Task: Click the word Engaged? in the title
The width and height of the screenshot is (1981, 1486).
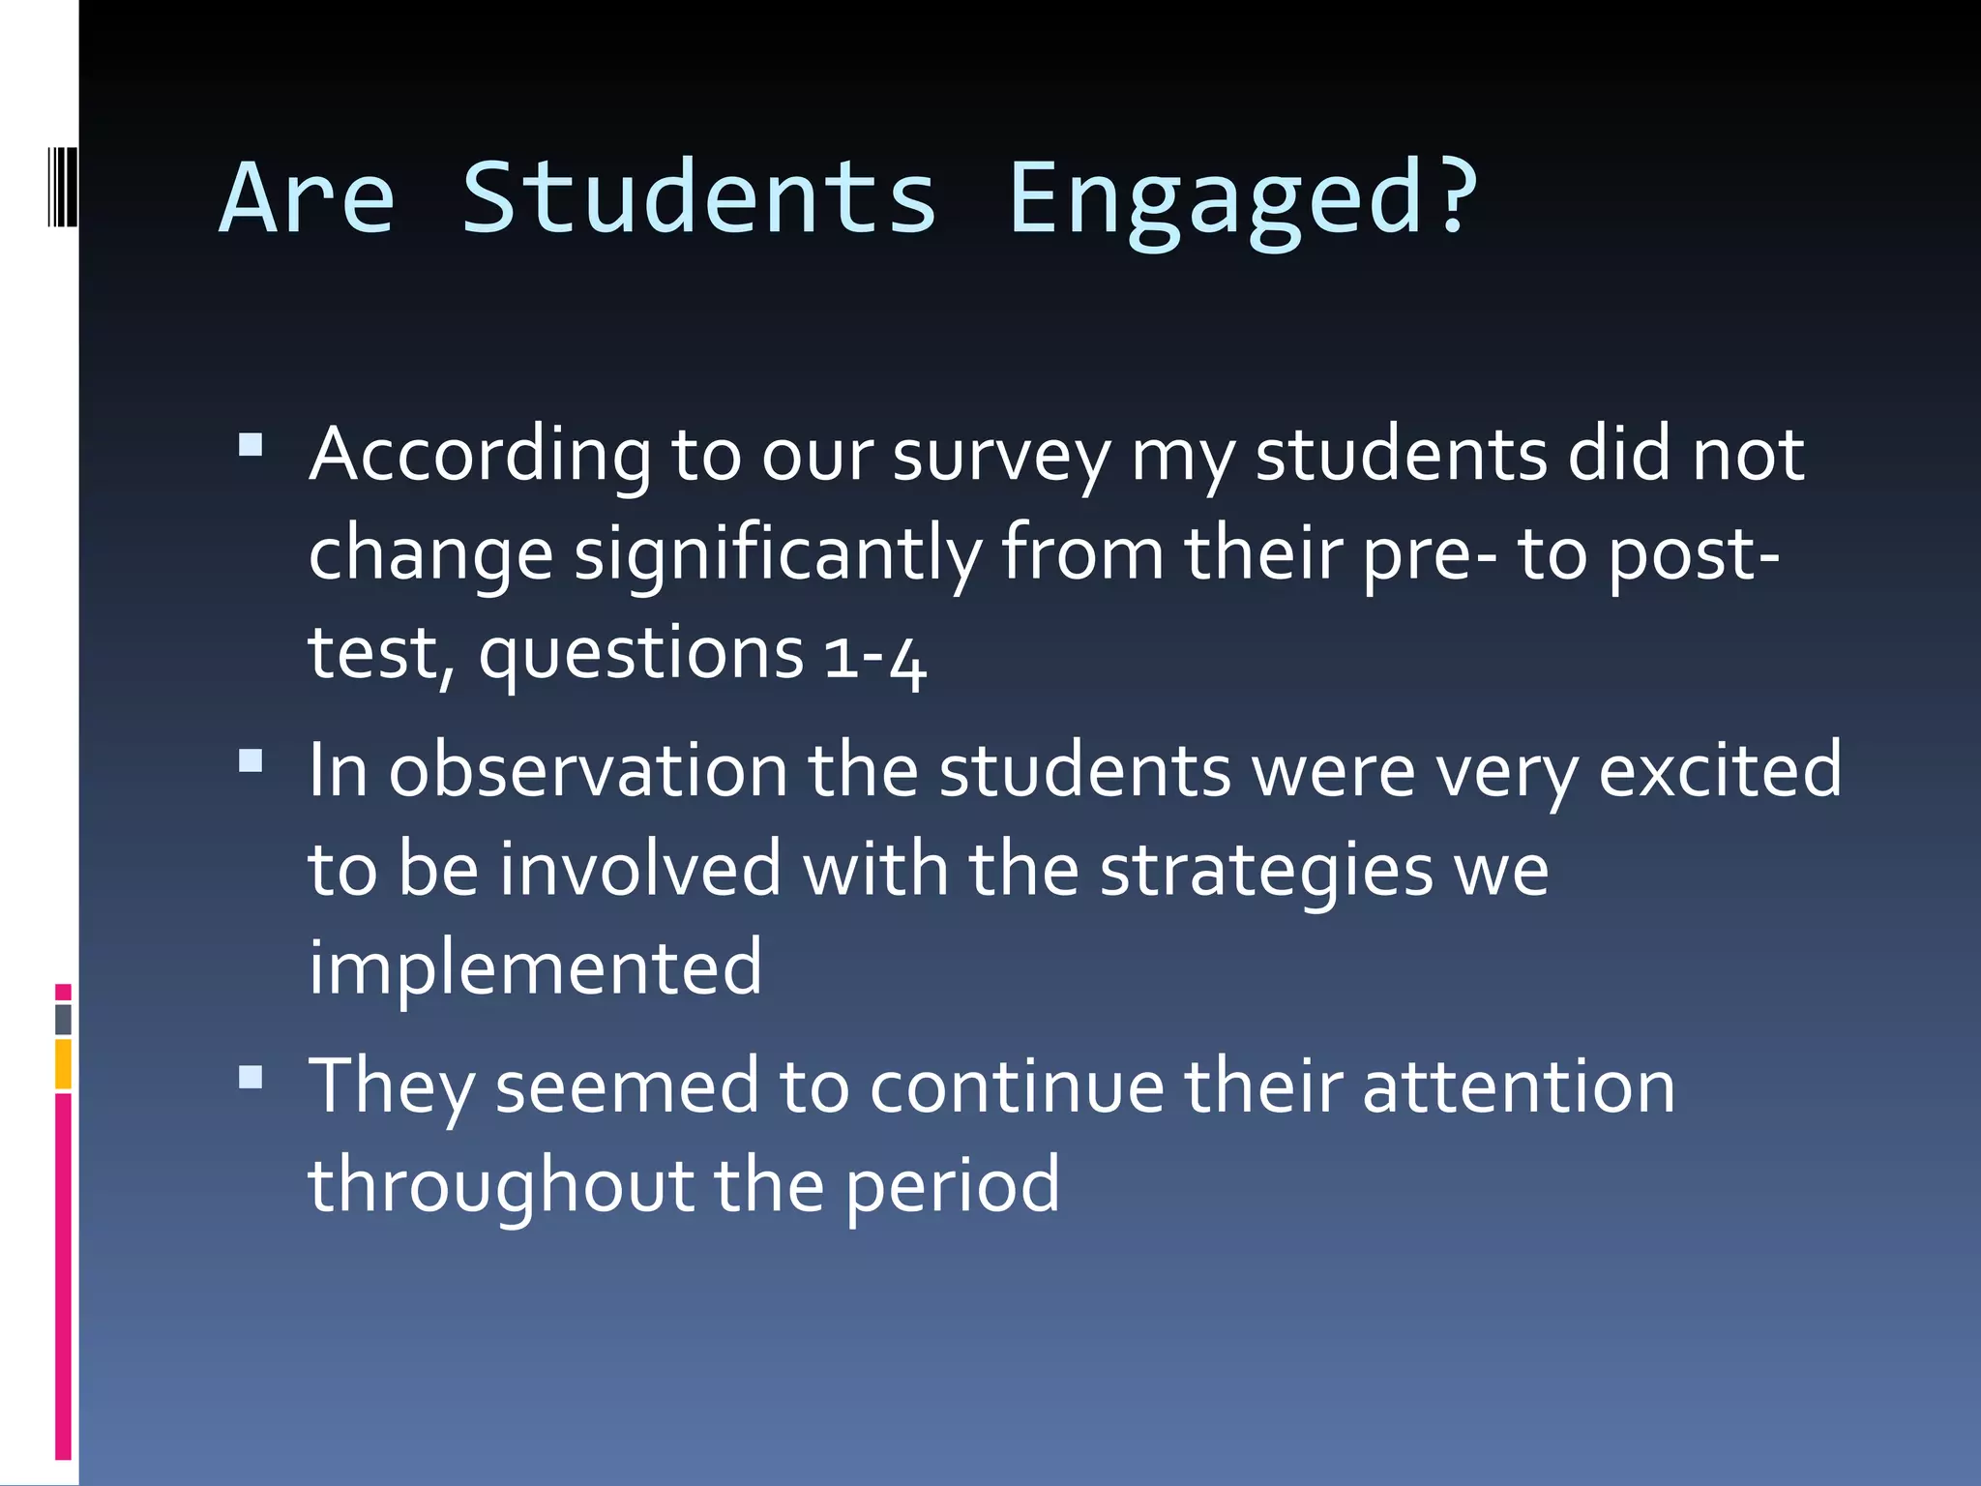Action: click(1243, 198)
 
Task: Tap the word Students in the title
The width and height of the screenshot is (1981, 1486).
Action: click(698, 198)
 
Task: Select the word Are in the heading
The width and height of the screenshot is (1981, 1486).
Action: click(308, 198)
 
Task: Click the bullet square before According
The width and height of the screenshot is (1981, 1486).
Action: click(251, 445)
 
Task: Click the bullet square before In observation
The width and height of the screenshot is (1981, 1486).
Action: click(251, 760)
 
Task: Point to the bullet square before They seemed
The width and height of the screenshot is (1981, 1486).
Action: click(251, 1077)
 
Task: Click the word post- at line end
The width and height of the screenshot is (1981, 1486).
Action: click(1693, 554)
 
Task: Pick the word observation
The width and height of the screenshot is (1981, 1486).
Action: click(588, 771)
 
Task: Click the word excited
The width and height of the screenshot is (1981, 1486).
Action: click(1720, 771)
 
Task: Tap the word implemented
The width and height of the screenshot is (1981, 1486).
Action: click(535, 967)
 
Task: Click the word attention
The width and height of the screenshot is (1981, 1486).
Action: click(1519, 1086)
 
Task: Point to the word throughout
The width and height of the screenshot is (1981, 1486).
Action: click(501, 1185)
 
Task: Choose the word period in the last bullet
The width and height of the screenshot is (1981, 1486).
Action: click(953, 1185)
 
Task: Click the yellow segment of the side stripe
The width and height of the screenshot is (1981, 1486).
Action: click(63, 1063)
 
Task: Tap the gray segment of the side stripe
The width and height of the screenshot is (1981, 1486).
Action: click(63, 1019)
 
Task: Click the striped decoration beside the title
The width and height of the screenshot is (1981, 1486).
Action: click(62, 186)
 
